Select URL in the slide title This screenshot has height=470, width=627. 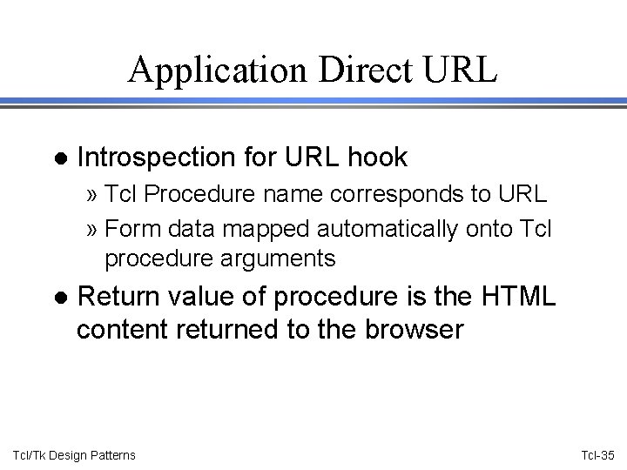pyautogui.click(x=457, y=69)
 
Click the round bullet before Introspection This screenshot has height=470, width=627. pyautogui.click(x=59, y=158)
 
